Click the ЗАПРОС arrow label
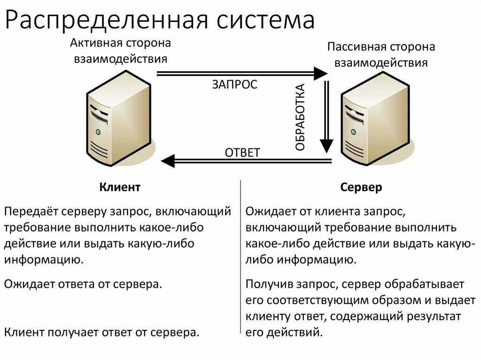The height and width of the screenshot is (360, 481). [x=235, y=84]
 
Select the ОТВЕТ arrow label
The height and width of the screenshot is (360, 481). [x=242, y=153]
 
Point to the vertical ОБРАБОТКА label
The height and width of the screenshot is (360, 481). [x=301, y=117]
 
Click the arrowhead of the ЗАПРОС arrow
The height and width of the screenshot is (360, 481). [x=320, y=73]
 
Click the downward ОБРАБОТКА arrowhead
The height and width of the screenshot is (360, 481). [x=326, y=146]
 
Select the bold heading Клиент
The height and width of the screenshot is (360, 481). [x=120, y=187]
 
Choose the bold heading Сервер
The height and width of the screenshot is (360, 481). [x=361, y=187]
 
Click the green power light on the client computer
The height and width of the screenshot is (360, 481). [x=98, y=132]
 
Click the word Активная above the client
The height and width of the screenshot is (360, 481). [x=95, y=43]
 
